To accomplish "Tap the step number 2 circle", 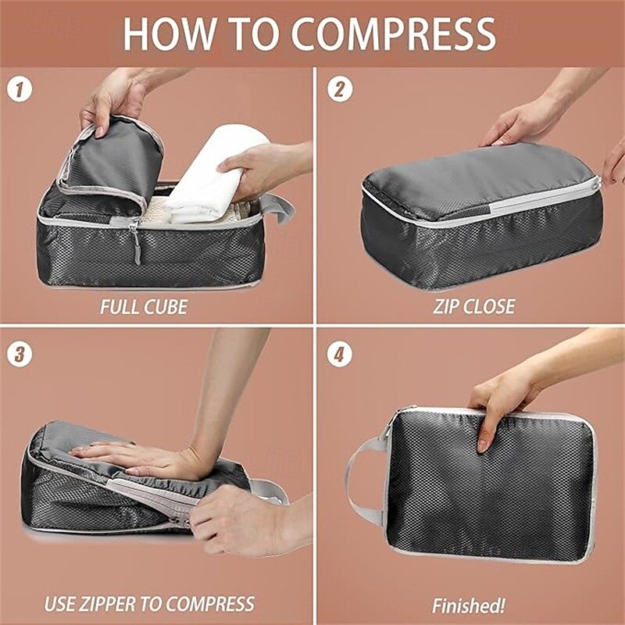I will click(339, 88).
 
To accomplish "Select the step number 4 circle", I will click(339, 353).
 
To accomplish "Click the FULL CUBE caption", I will click(144, 305).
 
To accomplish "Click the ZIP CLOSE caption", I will click(474, 305).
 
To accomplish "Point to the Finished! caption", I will click(469, 605).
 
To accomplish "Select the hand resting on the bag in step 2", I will click(522, 125).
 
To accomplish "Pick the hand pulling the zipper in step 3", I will click(234, 520).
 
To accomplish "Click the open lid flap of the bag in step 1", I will click(113, 160).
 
